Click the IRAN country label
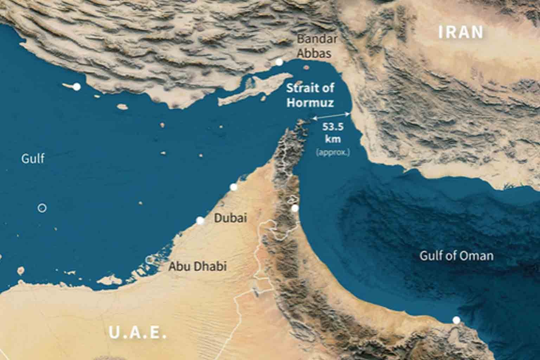point(461,32)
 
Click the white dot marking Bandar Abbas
point(279,62)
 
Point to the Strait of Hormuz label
point(310,95)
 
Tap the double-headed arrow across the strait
point(331,116)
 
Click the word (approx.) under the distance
point(333,153)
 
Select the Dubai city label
point(230,218)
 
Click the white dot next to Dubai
point(200,220)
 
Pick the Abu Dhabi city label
point(197,266)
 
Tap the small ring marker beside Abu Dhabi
point(150,259)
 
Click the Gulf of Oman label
point(456,256)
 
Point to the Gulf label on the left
point(33,158)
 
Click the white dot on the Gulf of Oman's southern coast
point(456,320)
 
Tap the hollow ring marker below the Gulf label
point(42,208)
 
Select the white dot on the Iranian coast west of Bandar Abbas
point(77,86)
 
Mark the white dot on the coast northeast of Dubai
point(233,187)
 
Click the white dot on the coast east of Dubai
point(295,208)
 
